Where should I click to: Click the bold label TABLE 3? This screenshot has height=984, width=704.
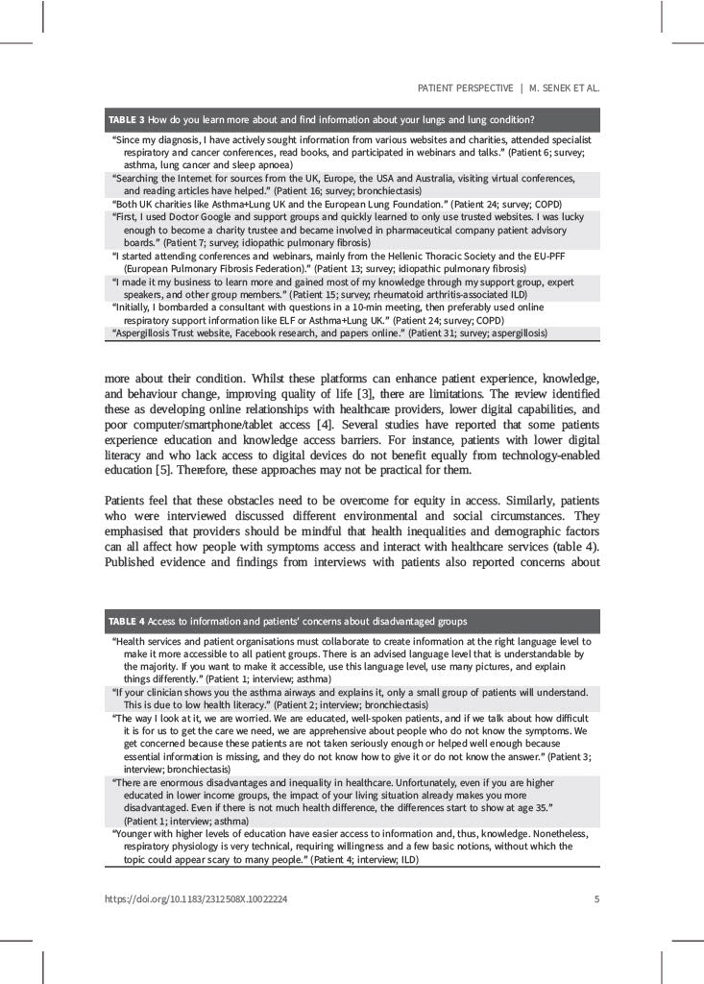(x=126, y=120)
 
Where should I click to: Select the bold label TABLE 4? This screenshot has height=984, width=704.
(x=126, y=621)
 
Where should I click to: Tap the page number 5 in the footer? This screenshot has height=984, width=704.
(x=597, y=899)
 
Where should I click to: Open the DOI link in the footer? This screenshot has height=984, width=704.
(x=196, y=899)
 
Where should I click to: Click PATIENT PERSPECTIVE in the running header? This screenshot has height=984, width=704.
(x=465, y=87)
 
